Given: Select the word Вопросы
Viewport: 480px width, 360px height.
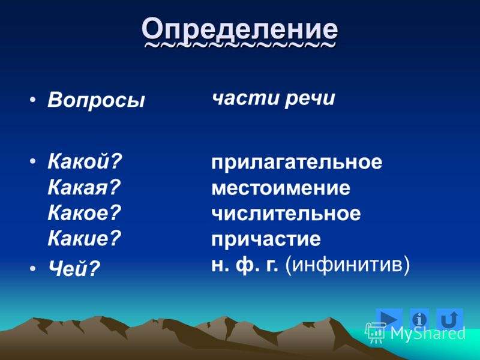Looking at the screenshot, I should pyautogui.click(x=96, y=100).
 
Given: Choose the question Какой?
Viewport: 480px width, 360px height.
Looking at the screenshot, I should pyautogui.click(x=85, y=161).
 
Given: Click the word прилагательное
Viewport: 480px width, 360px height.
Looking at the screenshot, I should pyautogui.click(x=296, y=163).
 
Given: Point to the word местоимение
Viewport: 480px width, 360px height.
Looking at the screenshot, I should pyautogui.click(x=280, y=188).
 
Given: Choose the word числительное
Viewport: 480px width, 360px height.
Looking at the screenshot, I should pyautogui.click(x=286, y=214).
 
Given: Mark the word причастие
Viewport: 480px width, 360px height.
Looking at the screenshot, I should pyautogui.click(x=266, y=239).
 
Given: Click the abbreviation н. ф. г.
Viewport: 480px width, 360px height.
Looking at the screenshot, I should pyautogui.click(x=245, y=264).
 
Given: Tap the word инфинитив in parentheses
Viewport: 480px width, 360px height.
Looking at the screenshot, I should pyautogui.click(x=347, y=265).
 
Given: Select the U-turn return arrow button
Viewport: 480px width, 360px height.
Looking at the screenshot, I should pyautogui.click(x=450, y=319).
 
